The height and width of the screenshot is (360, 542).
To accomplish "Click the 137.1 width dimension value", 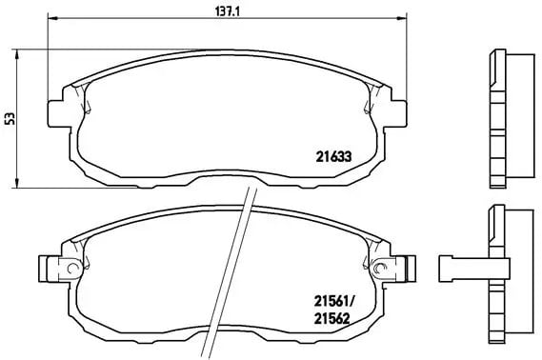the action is pos(227,11).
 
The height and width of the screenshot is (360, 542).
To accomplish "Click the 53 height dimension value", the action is pos(11,118).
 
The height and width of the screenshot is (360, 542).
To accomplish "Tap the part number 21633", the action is pos(333,157).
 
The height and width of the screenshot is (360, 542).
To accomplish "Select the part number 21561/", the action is pos(334,302).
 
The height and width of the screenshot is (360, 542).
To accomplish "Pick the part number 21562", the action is pos(331,318).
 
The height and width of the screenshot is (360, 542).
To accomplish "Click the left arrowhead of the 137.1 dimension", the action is pos(51,18).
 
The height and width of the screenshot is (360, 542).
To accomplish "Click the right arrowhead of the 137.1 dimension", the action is pos(402,18).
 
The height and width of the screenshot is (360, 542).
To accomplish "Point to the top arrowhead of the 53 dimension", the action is pos(16,53).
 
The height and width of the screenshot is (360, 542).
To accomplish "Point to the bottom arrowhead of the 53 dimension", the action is pos(16,184).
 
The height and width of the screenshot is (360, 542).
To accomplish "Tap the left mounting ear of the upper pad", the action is pos(55,113).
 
